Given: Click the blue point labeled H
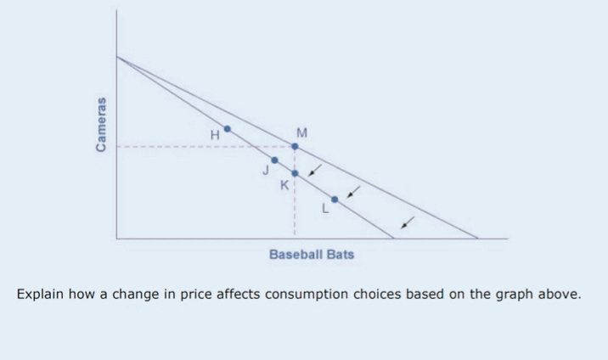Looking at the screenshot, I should pos(227,129).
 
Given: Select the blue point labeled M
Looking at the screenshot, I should pos(295,146).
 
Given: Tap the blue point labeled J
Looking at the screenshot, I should pos(274,160).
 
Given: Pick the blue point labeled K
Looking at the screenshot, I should pos(295,173).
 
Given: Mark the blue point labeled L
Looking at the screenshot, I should pos(335,200).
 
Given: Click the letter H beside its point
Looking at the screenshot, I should pos(216,133).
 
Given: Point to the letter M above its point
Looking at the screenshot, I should pos(302,132).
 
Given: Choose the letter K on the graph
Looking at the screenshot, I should pos(284,186).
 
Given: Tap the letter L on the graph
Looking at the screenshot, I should pos(324,211).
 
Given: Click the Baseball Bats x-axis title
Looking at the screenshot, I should pos(312,254).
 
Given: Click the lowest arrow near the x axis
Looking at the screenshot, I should pos(408,222).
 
